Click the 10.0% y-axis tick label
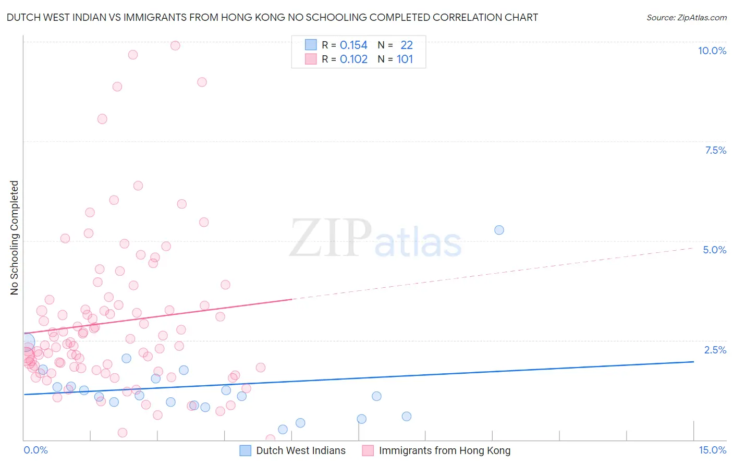(712, 51)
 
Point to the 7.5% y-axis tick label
(715, 150)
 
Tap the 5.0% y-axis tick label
(714, 250)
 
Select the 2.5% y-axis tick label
(715, 350)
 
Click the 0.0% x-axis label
(35, 450)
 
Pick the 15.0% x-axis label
(712, 450)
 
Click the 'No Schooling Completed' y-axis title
(14, 238)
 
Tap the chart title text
(272, 17)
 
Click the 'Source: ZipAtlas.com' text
(686, 17)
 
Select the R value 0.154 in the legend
(353, 45)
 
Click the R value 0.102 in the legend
(353, 59)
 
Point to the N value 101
(405, 59)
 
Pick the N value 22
(406, 45)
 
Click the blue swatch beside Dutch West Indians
(245, 450)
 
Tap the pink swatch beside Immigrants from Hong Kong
(368, 450)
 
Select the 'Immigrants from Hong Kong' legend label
(444, 450)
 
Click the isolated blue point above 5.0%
(499, 230)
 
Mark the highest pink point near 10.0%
(175, 45)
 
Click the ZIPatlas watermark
(375, 239)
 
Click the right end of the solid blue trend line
(693, 361)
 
